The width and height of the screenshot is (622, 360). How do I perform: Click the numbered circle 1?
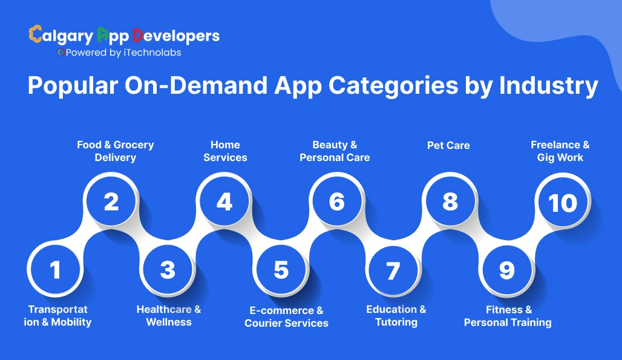tap(56, 269)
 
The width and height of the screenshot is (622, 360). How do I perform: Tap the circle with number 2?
tap(111, 201)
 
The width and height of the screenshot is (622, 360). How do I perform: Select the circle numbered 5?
tap(281, 269)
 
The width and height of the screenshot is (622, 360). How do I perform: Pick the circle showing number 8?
tap(450, 201)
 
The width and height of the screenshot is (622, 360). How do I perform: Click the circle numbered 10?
tap(563, 202)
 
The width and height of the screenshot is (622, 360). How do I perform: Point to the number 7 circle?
tap(393, 270)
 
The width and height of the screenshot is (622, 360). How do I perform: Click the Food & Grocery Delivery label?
tap(115, 151)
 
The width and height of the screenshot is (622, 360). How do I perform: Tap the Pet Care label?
tap(448, 145)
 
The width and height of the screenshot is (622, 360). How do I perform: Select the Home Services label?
tap(225, 151)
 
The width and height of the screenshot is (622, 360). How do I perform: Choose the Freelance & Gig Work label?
tap(560, 151)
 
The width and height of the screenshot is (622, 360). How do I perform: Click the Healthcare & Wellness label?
tap(169, 316)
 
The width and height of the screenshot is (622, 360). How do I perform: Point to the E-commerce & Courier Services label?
tap(286, 316)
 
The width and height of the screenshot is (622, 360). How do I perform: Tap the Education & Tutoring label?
tap(396, 316)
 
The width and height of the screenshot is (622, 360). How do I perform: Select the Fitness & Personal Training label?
tap(508, 316)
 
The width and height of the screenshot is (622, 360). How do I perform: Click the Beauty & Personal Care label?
tap(335, 151)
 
